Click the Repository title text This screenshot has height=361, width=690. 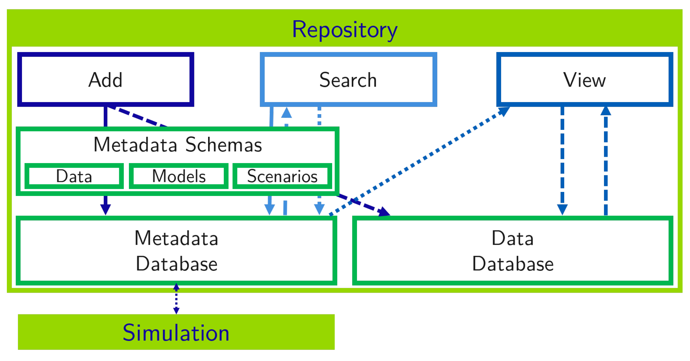344,30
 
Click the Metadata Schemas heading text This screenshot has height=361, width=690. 178,144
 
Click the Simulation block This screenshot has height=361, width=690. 176,332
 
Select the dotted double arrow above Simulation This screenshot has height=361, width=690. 176,299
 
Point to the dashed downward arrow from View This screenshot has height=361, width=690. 562,161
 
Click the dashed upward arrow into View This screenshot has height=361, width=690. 606,161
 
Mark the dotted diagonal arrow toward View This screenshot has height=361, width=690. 420,161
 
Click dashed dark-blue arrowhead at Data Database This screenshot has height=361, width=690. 384,212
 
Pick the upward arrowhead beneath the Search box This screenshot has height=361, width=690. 286,112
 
